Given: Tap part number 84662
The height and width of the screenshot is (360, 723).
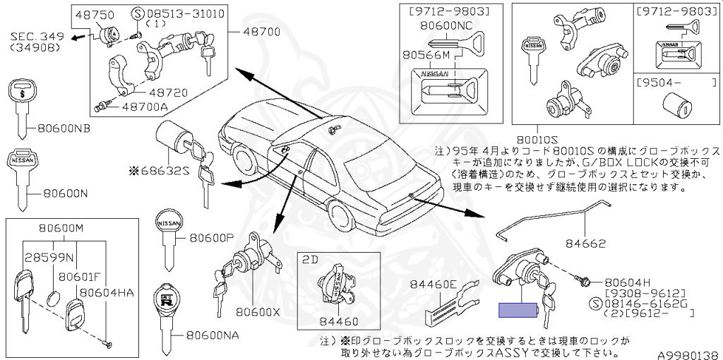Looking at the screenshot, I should tap(585, 244).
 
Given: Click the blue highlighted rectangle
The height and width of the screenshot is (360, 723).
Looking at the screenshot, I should tap(519, 309).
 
